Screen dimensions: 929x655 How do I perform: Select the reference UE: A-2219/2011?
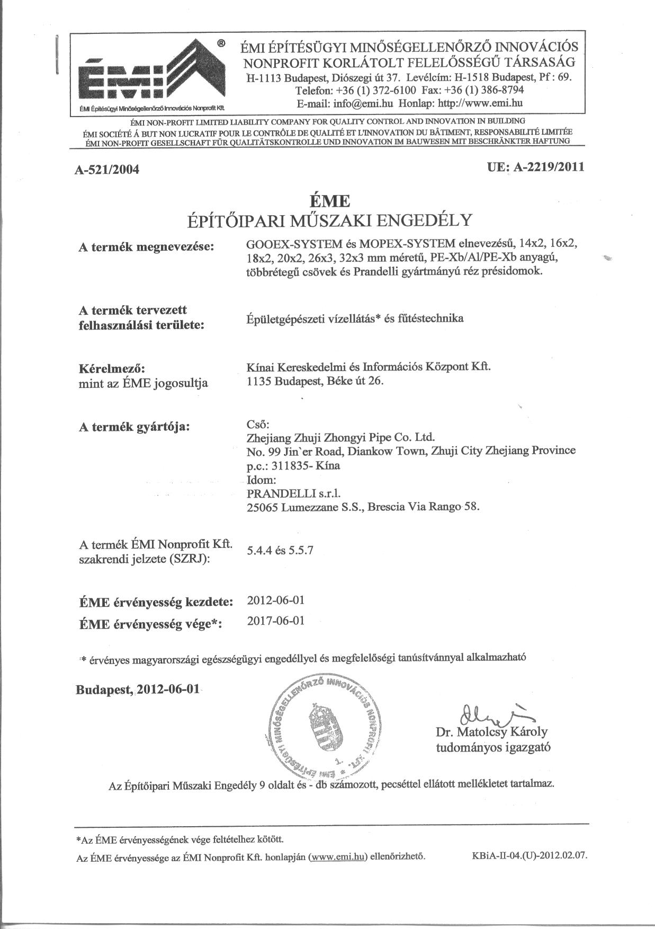(535, 167)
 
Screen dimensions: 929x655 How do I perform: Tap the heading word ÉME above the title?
(329, 202)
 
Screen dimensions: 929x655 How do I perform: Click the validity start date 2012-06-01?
(276, 600)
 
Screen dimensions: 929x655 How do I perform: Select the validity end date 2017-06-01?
(276, 621)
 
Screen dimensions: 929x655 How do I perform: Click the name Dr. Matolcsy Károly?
(492, 732)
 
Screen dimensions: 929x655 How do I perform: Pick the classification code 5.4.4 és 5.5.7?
(280, 550)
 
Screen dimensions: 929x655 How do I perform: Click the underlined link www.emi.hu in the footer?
(338, 856)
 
